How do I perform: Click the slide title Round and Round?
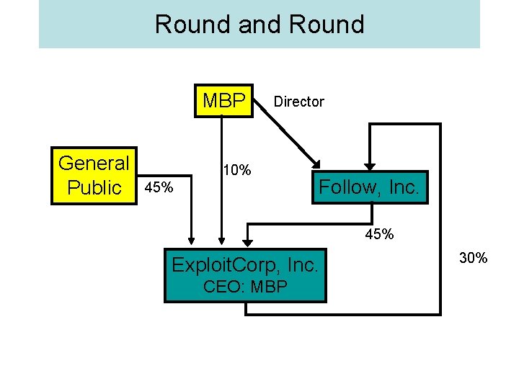259,24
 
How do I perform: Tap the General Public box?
94,176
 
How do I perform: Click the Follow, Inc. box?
369,187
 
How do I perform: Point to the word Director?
298,102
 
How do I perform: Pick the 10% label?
237,170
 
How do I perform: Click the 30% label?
474,258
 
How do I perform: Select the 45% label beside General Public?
159,188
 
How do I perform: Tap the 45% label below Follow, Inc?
378,234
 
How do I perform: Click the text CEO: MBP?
246,287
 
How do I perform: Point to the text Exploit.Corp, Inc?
244,265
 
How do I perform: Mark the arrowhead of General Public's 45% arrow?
192,241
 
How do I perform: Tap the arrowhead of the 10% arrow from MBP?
222,241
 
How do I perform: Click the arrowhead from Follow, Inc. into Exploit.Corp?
246,241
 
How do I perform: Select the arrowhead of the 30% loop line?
370,164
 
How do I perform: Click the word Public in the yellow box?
94,187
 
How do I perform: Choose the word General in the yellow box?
94,163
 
